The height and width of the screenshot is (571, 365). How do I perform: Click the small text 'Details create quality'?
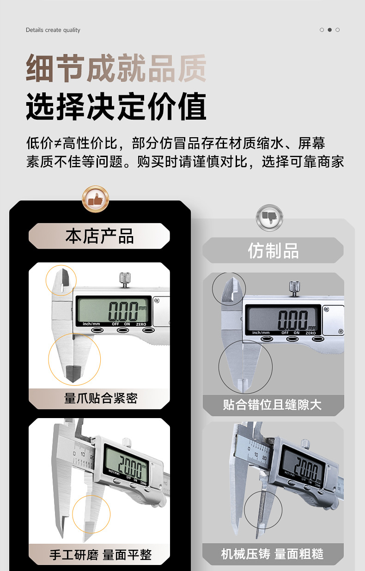point(53,30)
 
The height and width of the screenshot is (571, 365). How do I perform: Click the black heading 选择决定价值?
point(116,107)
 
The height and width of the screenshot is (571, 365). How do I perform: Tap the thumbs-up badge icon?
point(95,199)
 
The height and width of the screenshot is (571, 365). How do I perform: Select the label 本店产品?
point(99,236)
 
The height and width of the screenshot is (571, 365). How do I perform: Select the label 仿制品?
point(273,251)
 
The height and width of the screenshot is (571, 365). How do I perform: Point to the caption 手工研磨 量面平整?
point(100,554)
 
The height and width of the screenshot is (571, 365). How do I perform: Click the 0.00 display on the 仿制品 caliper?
point(293,319)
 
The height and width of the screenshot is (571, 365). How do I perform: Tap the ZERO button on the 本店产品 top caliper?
point(147,330)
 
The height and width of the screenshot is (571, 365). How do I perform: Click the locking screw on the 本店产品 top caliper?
point(124,279)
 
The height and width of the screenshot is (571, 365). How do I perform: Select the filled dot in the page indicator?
point(329,30)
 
